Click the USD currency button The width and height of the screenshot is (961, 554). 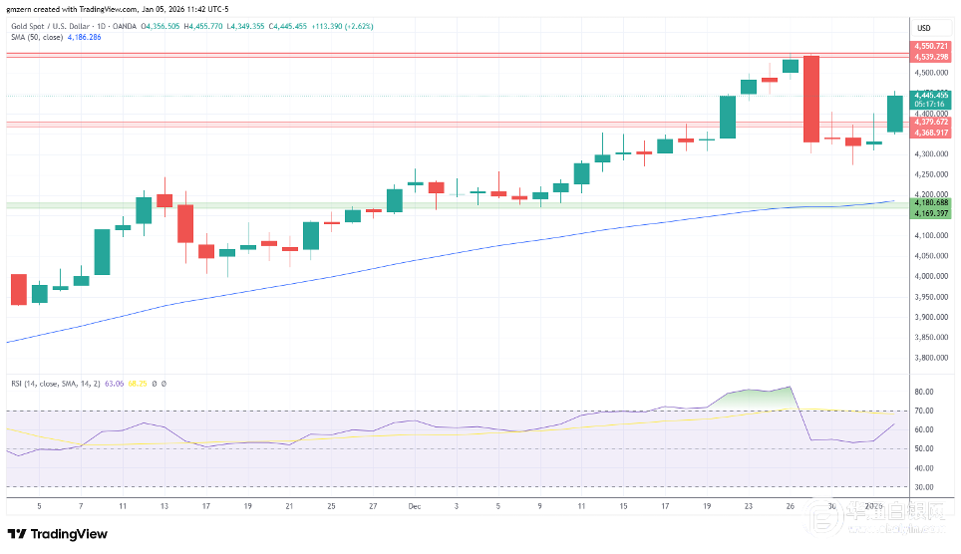923,27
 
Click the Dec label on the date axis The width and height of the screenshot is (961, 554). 414,506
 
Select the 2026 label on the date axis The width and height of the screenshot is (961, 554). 874,506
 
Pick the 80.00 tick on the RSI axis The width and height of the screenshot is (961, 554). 924,392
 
